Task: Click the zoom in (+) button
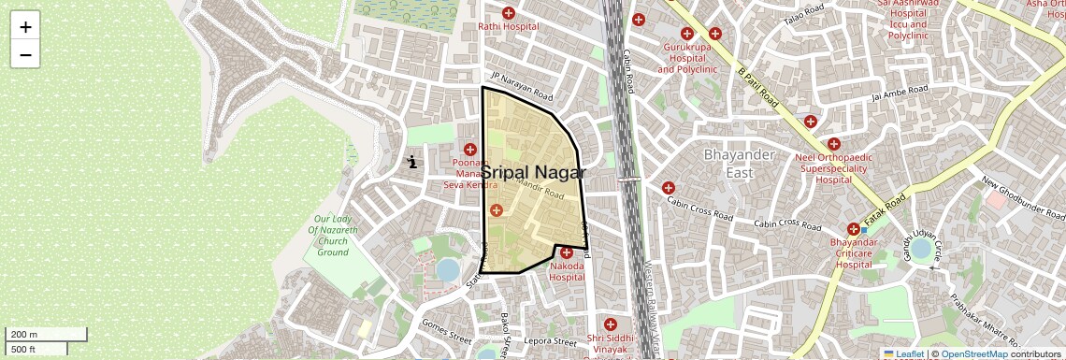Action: coord(25,27)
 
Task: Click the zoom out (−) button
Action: coord(25,54)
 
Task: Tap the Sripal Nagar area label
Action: coord(533,173)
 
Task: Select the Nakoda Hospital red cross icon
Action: coord(567,252)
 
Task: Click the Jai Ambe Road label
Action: coord(899,93)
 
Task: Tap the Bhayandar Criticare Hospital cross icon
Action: coord(853,229)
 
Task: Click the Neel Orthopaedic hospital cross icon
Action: coord(833,144)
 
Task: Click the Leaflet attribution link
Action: coord(903,353)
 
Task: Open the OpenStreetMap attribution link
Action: coord(973,353)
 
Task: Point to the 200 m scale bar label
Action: coord(23,335)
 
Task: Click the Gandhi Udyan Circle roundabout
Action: coord(921,249)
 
